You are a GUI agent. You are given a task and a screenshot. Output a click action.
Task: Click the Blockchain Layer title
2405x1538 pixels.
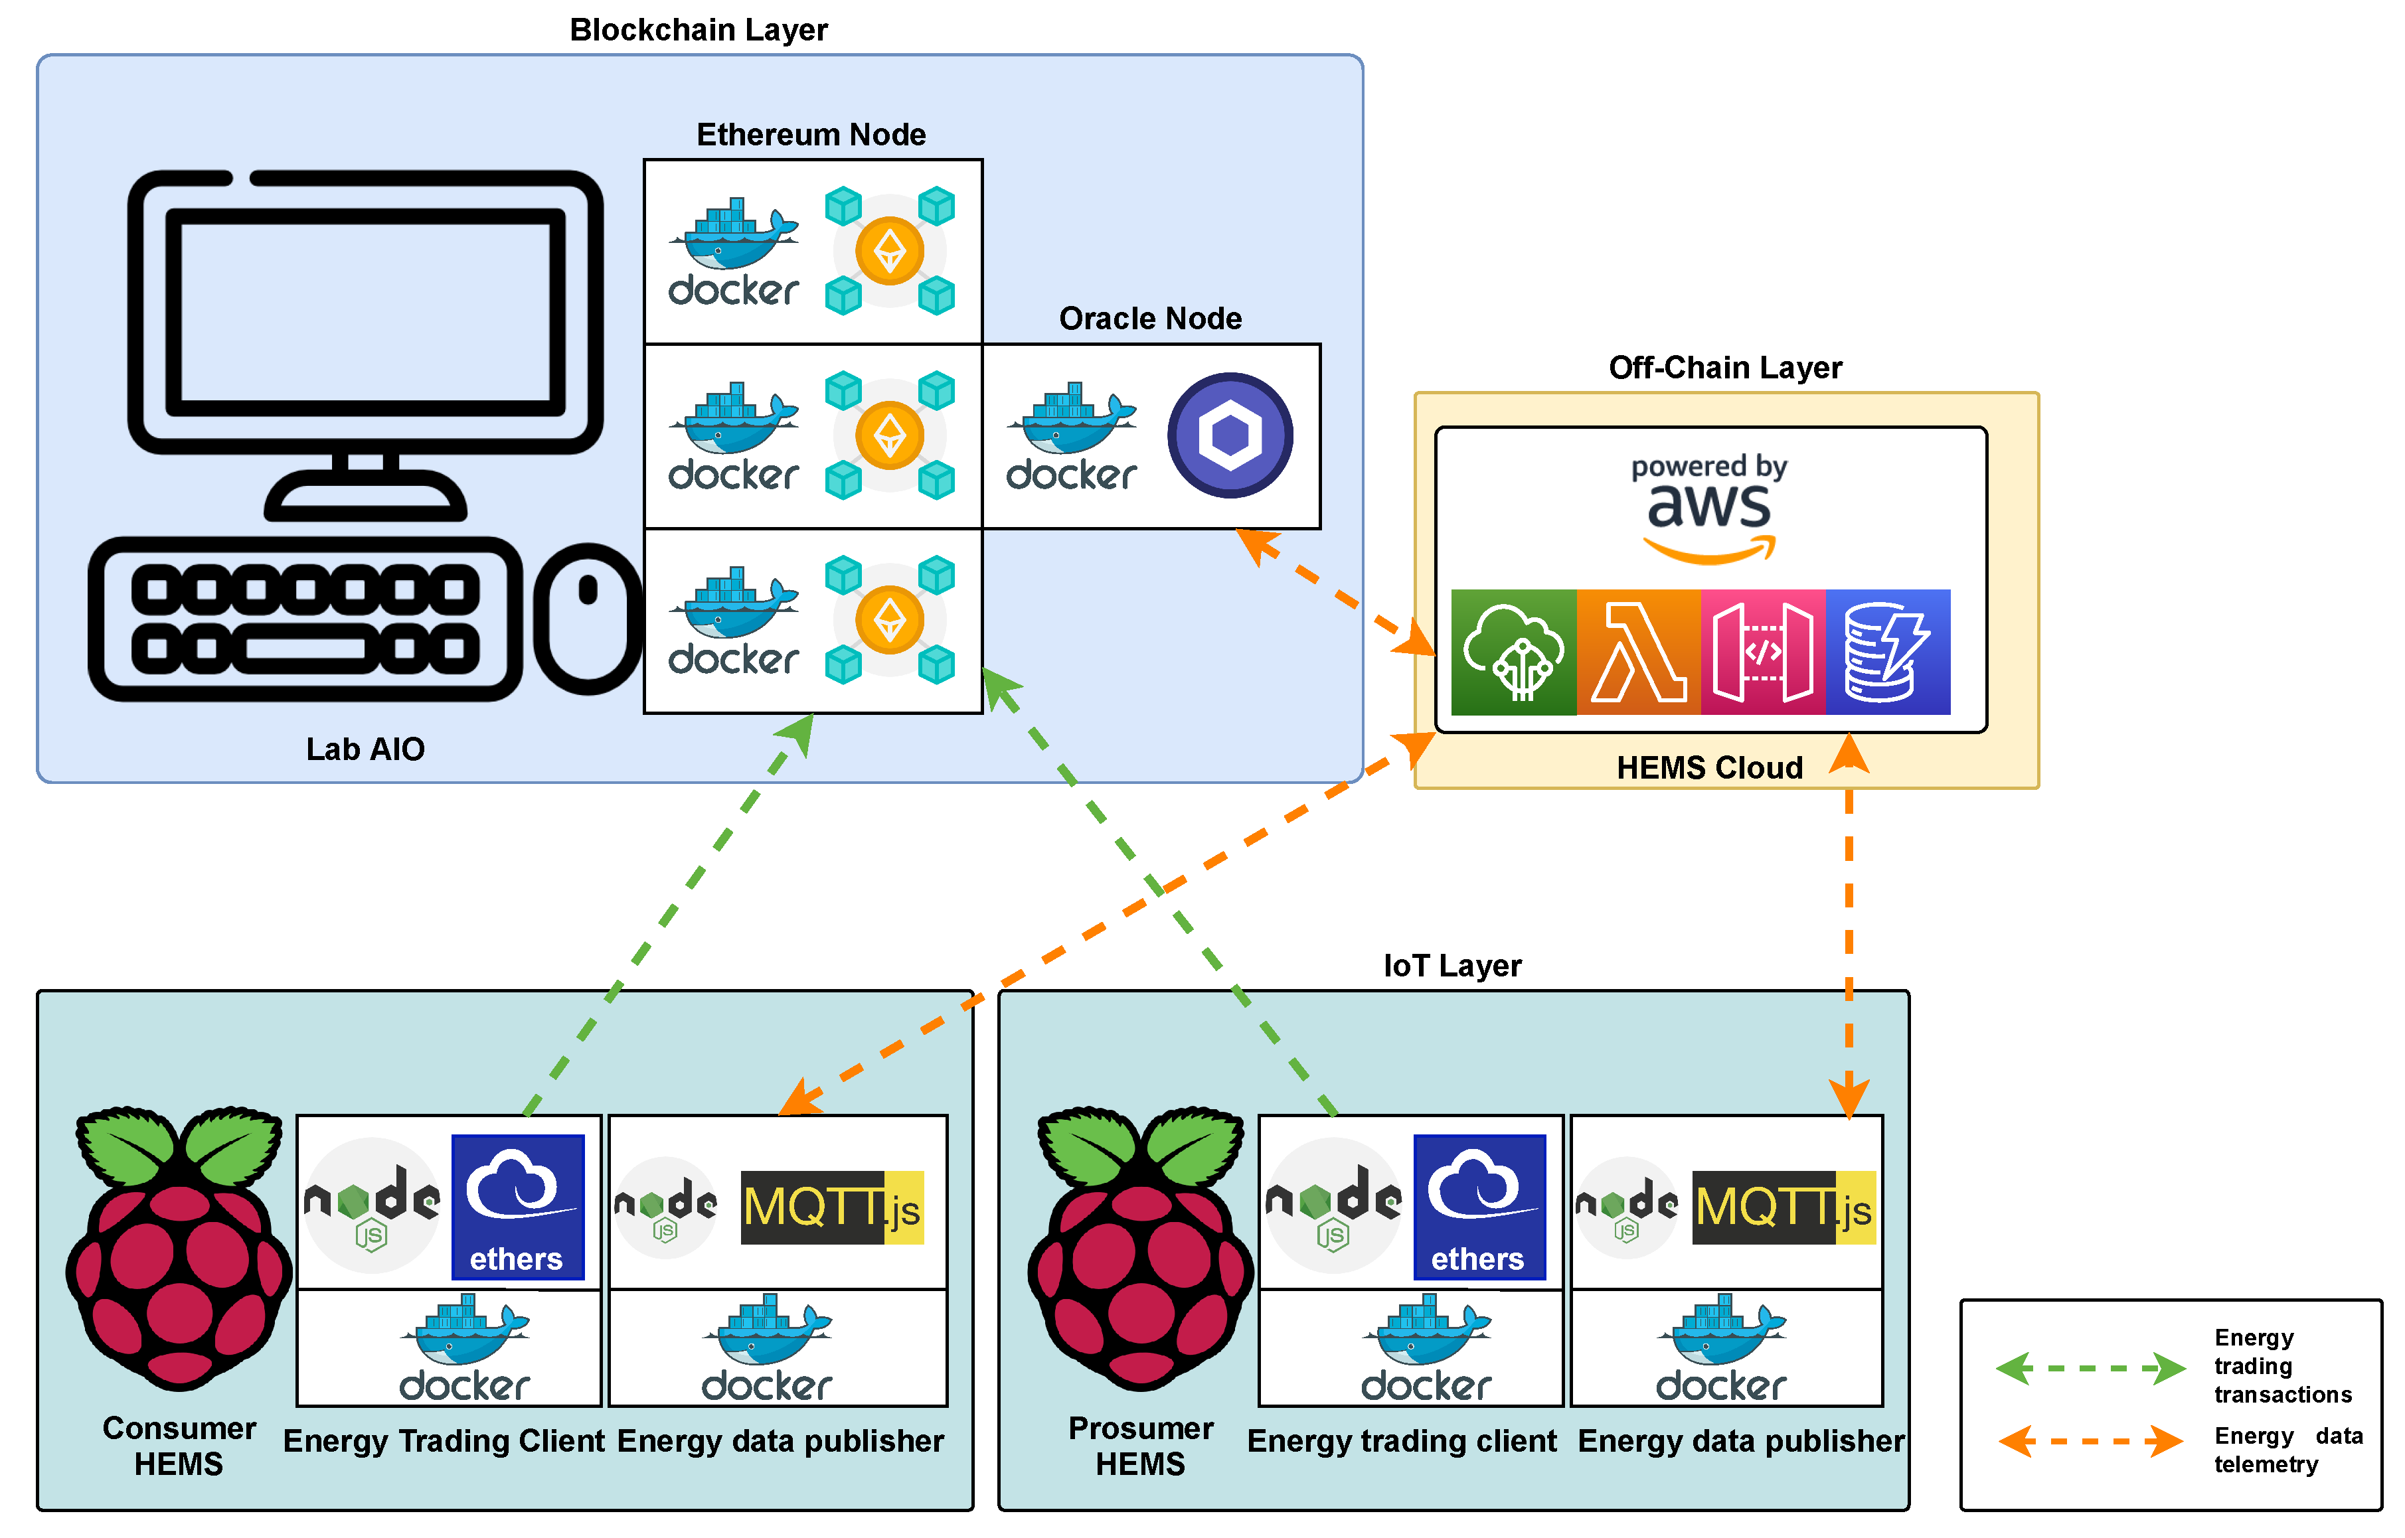[698, 30]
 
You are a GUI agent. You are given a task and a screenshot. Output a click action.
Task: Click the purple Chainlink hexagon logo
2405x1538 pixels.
[1230, 435]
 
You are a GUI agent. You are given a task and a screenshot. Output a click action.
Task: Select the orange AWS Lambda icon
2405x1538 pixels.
[1638, 652]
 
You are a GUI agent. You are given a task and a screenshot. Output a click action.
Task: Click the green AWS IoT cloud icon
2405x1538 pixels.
[1513, 652]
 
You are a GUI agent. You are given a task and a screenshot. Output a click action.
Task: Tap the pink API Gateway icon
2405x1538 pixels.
[1763, 652]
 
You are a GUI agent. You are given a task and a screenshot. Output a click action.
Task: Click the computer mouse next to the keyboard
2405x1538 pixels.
[588, 619]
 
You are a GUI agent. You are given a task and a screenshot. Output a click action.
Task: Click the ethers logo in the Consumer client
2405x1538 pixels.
[517, 1206]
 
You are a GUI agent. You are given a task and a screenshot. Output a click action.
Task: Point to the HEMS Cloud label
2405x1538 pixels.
[1709, 768]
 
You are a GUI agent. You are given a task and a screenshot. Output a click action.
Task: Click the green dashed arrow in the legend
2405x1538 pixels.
[2090, 1367]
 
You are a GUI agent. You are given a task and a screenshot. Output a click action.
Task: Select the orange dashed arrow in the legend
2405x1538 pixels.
[2090, 1441]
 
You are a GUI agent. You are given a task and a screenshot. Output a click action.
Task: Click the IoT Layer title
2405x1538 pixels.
[1452, 966]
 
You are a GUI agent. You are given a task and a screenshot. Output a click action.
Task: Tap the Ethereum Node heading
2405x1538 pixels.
[811, 135]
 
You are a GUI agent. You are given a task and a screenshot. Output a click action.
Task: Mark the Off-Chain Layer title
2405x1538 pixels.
[1725, 368]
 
